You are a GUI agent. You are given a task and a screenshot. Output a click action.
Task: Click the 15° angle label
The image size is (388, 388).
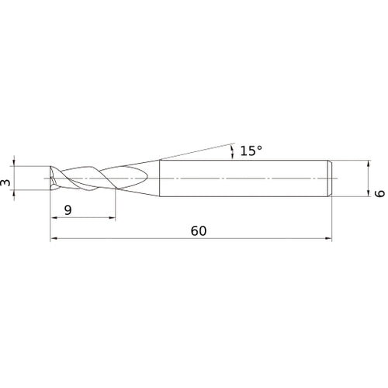251,151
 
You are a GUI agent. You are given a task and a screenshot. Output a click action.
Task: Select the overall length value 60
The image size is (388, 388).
199,231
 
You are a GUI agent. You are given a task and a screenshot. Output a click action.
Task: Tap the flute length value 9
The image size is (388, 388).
68,210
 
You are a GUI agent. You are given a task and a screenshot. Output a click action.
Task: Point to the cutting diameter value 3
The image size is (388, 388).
5,183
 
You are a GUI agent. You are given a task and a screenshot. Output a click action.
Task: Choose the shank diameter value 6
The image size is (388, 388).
380,193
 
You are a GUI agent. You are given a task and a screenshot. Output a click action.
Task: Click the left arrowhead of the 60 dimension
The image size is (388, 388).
54,238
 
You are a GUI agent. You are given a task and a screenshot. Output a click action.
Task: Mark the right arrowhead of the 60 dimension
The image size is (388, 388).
328,238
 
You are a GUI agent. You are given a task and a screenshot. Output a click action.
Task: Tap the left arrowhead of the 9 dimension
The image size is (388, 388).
54,218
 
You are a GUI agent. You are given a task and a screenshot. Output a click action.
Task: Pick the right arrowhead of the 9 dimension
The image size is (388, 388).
112,218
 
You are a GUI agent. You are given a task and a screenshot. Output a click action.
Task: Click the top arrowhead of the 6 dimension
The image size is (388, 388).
369,164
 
